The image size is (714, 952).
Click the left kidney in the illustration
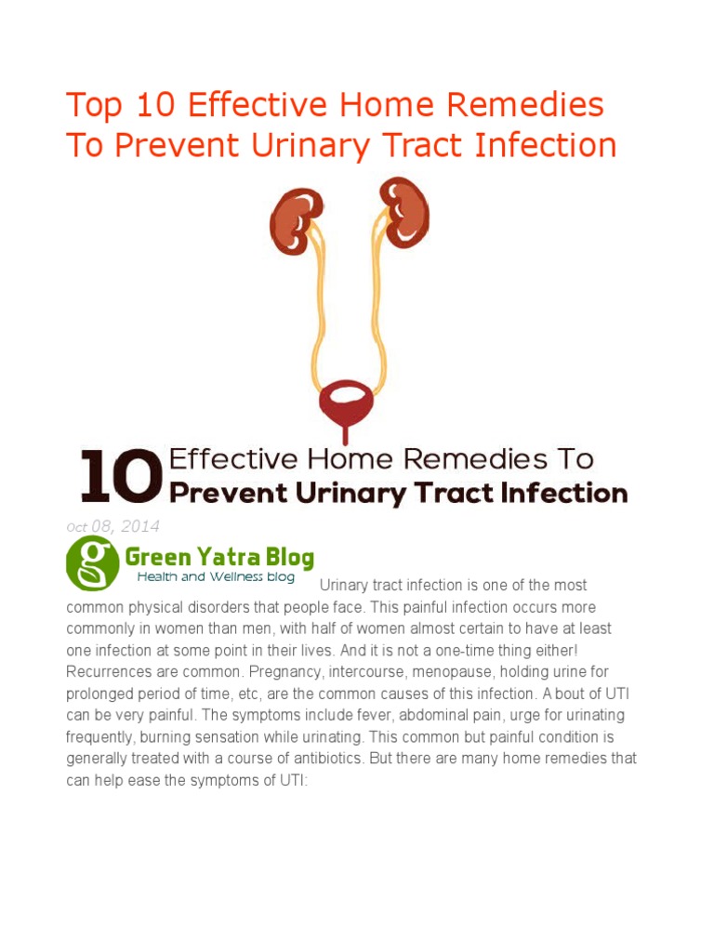point(296,220)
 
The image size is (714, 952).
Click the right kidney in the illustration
point(405,212)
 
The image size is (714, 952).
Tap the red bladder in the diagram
point(346,402)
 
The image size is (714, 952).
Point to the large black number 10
point(115,475)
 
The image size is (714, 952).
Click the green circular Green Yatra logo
point(93,563)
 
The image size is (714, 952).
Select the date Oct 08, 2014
point(112,527)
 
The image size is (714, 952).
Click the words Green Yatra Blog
point(219,558)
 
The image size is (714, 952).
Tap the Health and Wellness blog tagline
point(216,577)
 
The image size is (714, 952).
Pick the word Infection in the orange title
point(548,146)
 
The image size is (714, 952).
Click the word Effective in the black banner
point(230,459)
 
